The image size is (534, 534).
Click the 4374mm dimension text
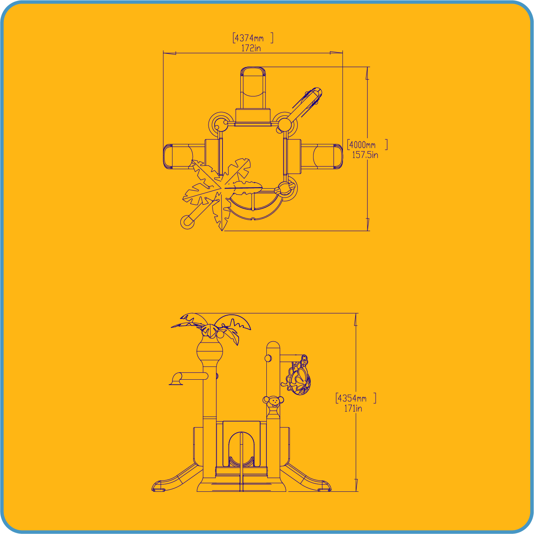point(249,38)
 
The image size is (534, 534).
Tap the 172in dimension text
point(251,48)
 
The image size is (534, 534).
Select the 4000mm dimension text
point(362,145)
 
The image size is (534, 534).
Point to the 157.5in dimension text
point(365,155)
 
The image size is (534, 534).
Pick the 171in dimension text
point(353,409)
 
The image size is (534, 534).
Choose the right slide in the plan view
point(322,156)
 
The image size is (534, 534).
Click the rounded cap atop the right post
point(273,345)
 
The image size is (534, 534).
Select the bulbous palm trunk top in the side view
point(209,351)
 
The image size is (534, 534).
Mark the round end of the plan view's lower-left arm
point(187,222)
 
